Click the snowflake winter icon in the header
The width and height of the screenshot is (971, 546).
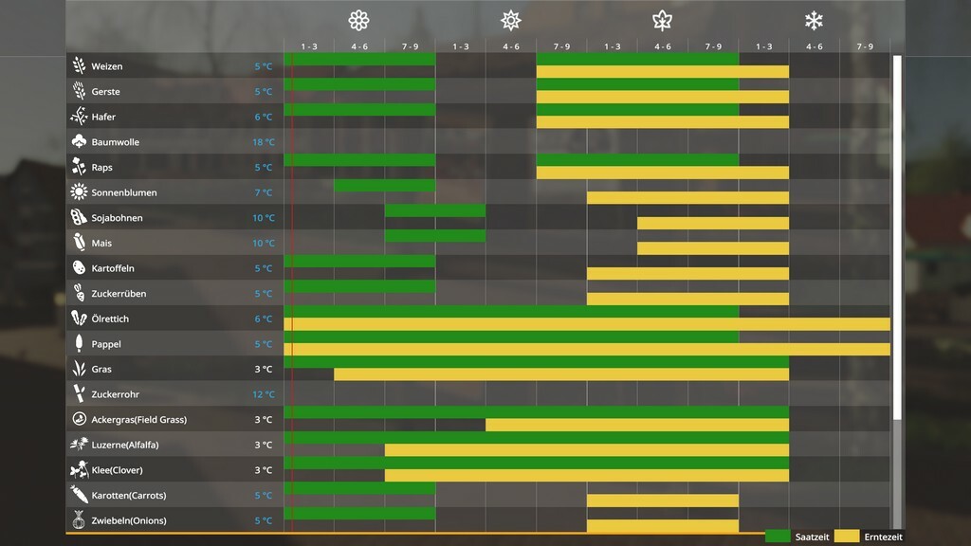click(814, 20)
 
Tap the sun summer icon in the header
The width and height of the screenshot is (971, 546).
click(511, 20)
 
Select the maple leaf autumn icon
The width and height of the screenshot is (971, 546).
click(662, 20)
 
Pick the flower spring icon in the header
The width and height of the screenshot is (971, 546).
click(358, 20)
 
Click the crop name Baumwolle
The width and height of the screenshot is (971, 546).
click(115, 142)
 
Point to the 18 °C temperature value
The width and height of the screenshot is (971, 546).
click(264, 142)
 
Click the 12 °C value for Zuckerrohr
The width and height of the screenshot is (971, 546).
click(264, 394)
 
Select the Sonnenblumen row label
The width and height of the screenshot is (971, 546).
click(124, 192)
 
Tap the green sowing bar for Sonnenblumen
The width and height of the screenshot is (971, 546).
click(384, 186)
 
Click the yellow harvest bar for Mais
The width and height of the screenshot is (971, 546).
click(713, 248)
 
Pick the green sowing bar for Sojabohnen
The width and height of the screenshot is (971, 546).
click(435, 210)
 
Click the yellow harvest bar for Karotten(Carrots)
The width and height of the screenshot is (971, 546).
click(663, 500)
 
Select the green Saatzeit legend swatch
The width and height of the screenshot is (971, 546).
click(778, 537)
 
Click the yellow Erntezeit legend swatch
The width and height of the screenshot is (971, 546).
click(847, 537)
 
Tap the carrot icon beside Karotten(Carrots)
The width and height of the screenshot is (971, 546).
click(79, 495)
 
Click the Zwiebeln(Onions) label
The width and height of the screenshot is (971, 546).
click(129, 520)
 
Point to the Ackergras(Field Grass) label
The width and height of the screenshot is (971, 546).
click(138, 420)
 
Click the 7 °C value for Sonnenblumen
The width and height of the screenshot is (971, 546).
click(264, 192)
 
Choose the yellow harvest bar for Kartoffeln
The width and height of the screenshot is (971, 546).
click(687, 274)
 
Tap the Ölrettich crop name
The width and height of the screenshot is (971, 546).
click(110, 319)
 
